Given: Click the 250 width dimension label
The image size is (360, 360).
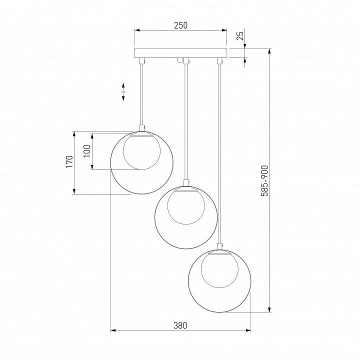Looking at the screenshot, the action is click(x=180, y=25).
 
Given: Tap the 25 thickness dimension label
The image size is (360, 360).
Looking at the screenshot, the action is click(x=240, y=35).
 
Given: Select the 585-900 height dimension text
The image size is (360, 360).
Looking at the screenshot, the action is click(x=264, y=180).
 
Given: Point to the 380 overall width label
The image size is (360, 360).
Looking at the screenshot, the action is click(x=180, y=325).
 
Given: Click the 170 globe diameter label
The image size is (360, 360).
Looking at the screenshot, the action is click(x=69, y=161).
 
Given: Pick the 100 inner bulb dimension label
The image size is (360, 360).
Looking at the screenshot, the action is click(x=87, y=151).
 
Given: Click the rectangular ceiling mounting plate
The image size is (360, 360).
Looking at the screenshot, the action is click(x=180, y=53).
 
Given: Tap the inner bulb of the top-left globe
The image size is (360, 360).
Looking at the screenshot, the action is click(x=141, y=152).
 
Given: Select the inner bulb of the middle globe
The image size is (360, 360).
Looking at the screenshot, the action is click(x=186, y=206).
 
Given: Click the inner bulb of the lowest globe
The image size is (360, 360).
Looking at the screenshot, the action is click(x=219, y=270).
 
